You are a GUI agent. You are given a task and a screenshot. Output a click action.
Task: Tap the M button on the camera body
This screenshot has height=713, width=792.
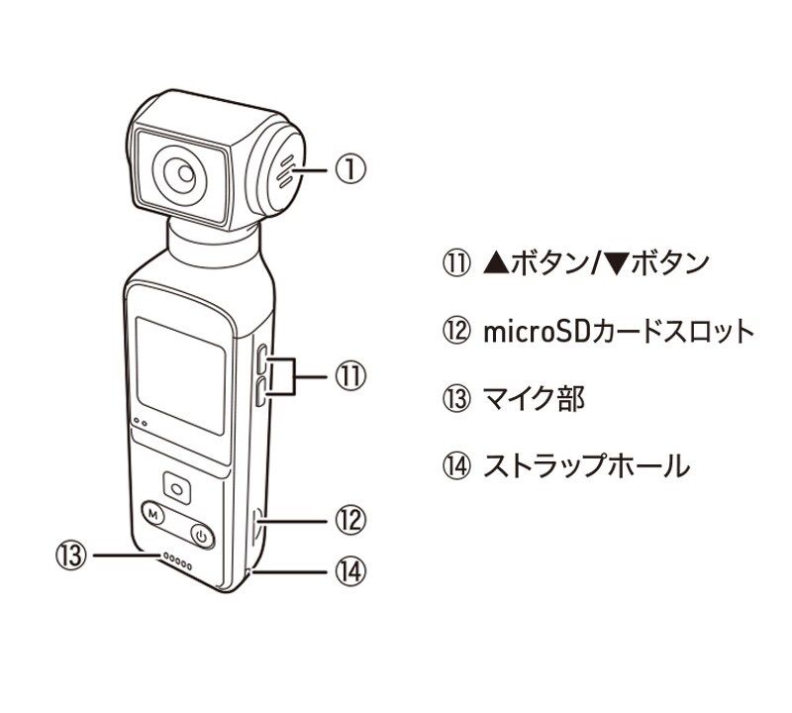pos(152,515)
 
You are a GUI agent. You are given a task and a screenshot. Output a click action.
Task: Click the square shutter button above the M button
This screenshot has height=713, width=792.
pos(177,488)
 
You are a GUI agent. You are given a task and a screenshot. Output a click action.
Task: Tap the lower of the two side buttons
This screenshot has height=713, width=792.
pos(259,395)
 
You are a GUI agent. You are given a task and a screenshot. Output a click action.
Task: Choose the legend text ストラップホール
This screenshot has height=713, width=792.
pos(585,465)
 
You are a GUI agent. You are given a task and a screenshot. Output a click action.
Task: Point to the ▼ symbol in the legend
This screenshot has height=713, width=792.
pos(615,263)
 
